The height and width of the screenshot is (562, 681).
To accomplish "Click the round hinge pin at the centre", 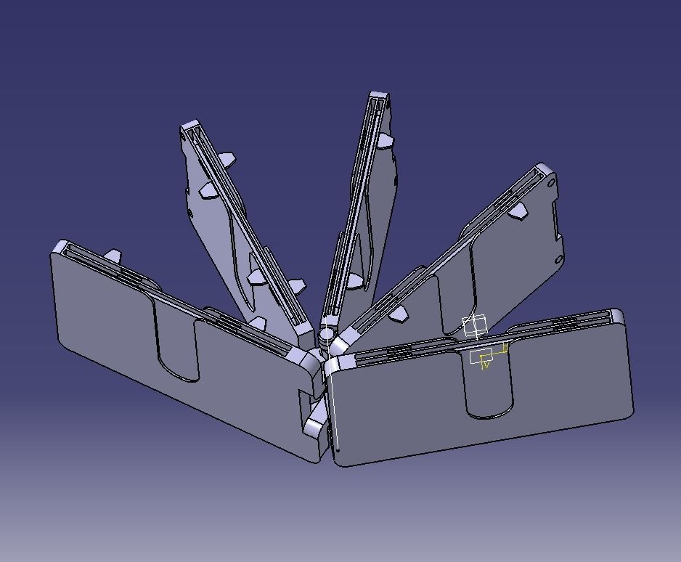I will [326, 335].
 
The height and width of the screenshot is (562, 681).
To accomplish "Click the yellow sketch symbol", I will [484, 359].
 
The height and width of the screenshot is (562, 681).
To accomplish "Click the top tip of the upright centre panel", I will [378, 97].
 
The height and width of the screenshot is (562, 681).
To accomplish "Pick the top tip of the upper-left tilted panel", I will [191, 127].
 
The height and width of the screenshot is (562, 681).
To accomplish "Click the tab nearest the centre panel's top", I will [385, 140].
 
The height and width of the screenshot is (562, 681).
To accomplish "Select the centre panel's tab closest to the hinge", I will [354, 280].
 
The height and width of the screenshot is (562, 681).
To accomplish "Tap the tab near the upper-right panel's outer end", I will [518, 211].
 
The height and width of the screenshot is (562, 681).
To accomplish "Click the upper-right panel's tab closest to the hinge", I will [398, 314].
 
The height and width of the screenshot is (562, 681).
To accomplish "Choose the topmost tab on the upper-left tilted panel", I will [226, 158].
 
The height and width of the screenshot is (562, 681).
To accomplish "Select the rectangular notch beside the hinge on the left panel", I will [308, 398].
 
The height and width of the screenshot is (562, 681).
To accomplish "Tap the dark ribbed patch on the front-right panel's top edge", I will [399, 351].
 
